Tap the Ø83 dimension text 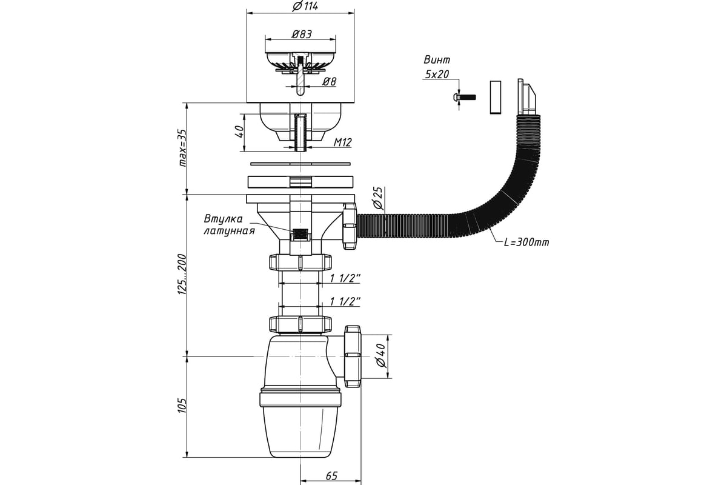(302, 34)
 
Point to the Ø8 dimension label (329, 81)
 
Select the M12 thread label (343, 142)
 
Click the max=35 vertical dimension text (183, 148)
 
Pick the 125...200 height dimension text (182, 275)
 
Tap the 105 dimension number (182, 406)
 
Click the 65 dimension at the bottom (331, 475)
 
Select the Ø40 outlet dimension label (382, 356)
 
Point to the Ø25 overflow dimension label (379, 198)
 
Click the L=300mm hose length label (526, 242)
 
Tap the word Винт (437, 60)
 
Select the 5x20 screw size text (437, 75)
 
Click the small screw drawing (464, 97)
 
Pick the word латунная (229, 231)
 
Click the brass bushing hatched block (300, 233)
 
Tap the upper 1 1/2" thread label (345, 278)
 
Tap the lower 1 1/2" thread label (345, 301)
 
